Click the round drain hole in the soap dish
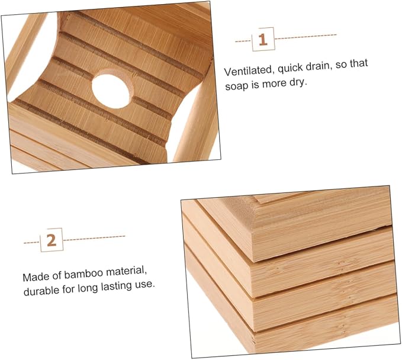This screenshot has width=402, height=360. pyautogui.click(x=111, y=91)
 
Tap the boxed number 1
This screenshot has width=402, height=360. pyautogui.click(x=263, y=39)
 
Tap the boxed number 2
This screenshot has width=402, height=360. pyautogui.click(x=52, y=240)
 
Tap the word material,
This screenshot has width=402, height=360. pyautogui.click(x=126, y=271)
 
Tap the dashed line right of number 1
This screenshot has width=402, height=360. pyautogui.click(x=305, y=37)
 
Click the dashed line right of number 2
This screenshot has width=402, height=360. pyautogui.click(x=94, y=238)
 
